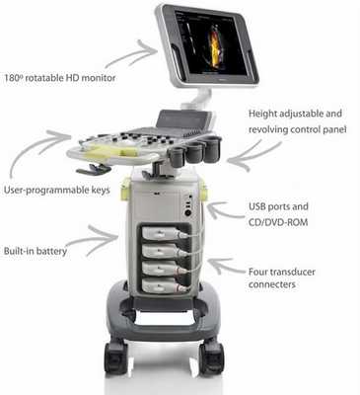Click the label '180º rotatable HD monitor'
[60, 78]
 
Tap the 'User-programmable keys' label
[56, 190]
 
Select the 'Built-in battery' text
[36, 251]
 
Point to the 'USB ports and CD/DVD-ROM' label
[278, 214]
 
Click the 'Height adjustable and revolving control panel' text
[297, 121]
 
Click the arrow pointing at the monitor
[131, 55]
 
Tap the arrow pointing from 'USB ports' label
[227, 210]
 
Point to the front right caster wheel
[212, 357]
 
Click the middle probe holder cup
[195, 152]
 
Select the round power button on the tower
[188, 213]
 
